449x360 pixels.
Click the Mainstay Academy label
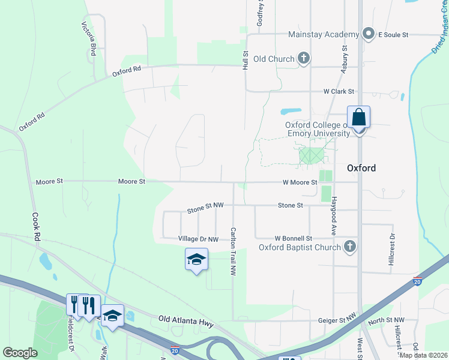coord(324,34)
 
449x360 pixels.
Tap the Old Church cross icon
coord(304,58)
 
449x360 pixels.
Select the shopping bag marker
coord(358,117)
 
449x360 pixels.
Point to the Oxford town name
coord(361,168)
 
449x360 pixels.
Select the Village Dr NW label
coord(198,239)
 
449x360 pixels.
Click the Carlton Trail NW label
coord(233,251)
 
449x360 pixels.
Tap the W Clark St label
coord(339,92)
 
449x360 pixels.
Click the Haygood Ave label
coord(334,216)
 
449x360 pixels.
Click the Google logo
coord(20,353)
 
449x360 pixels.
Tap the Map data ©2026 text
coord(423,355)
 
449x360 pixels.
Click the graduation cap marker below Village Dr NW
coord(196,259)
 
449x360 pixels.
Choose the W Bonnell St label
coord(294,238)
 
